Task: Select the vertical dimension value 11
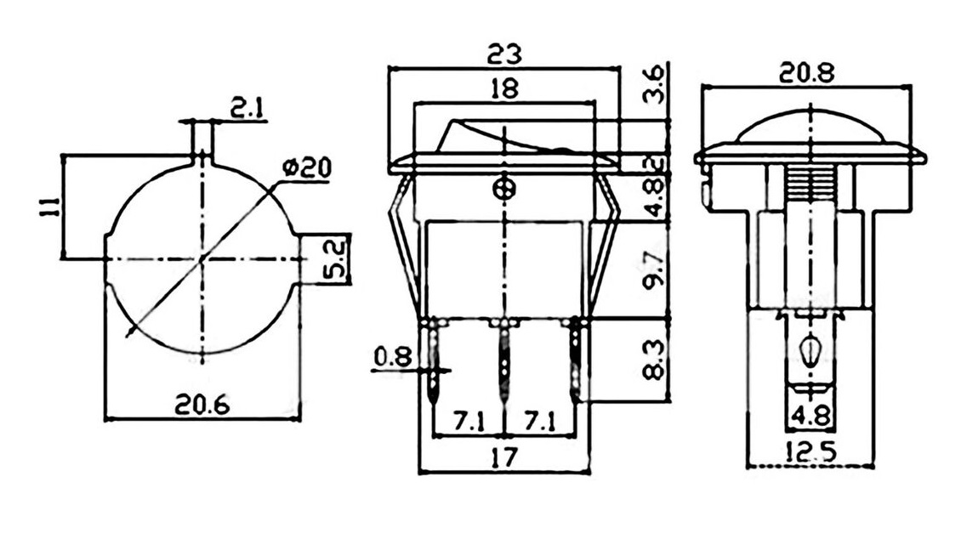[x=49, y=207]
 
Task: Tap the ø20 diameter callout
[x=304, y=168]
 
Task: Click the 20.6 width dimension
[x=202, y=406]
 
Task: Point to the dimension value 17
[x=503, y=458]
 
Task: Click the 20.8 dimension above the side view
[x=807, y=73]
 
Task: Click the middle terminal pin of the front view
[x=505, y=357]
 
